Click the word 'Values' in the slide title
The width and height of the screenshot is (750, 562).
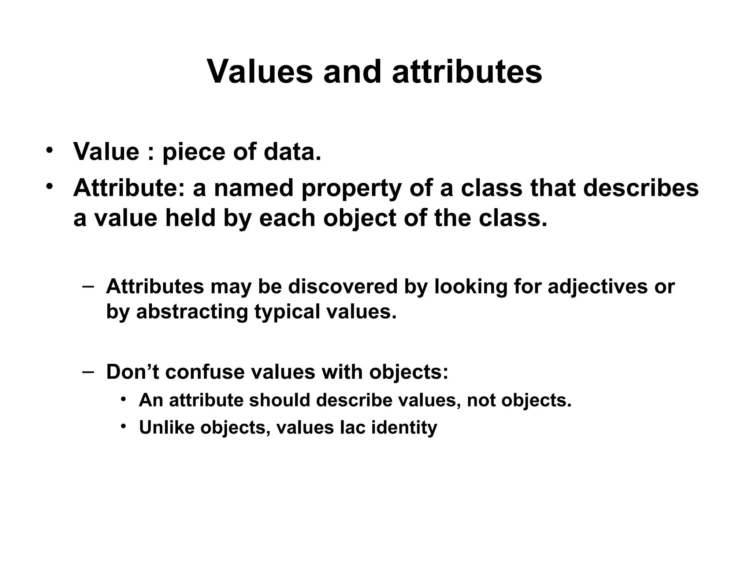[x=260, y=72]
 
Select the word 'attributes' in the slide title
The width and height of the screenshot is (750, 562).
[x=467, y=72]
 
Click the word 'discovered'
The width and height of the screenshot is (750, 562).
[x=343, y=286]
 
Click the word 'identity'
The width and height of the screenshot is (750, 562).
[x=404, y=428]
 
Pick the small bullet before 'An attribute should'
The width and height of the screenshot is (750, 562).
[x=124, y=399]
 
